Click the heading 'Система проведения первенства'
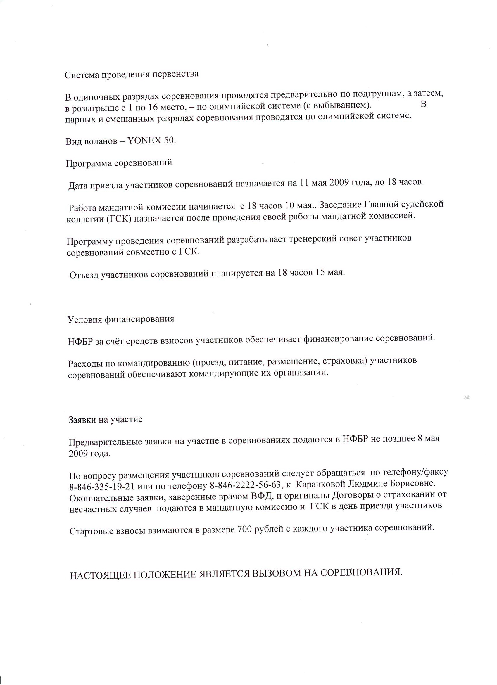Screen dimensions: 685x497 132,75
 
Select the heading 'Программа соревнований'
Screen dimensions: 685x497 119,163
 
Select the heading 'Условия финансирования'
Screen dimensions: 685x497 121,319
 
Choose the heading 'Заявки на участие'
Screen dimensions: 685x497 106,420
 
